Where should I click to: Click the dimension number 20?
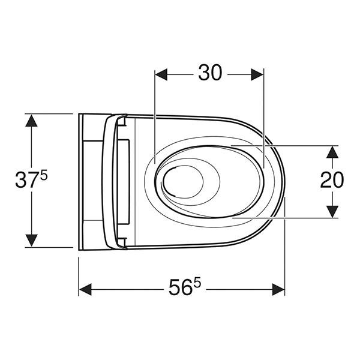(x=331, y=179)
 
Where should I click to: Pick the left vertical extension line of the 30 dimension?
(x=155, y=114)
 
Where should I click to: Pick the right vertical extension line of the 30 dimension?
(x=264, y=114)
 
